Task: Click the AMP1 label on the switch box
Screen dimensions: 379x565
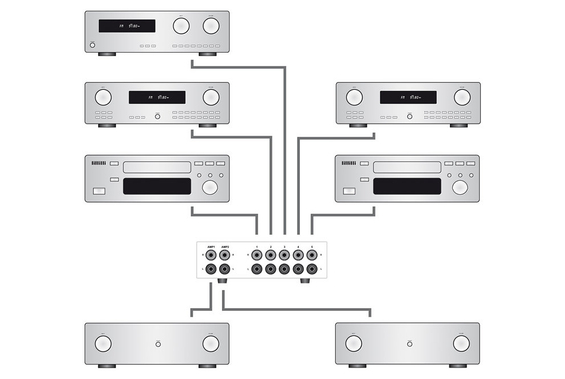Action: click(x=211, y=246)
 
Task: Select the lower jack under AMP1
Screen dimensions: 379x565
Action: click(x=211, y=269)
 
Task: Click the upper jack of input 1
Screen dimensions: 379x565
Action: click(x=257, y=255)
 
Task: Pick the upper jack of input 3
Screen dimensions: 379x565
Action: click(x=285, y=255)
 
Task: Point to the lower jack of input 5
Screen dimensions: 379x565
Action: click(x=312, y=269)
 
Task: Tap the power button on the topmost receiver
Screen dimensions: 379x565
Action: click(x=92, y=46)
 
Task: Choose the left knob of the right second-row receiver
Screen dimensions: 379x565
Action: click(x=354, y=97)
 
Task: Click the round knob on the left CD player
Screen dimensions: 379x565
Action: click(x=209, y=187)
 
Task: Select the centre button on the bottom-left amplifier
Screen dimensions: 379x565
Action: click(x=156, y=344)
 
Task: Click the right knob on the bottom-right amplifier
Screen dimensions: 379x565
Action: click(x=460, y=344)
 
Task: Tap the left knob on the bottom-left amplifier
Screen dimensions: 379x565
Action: click(x=103, y=344)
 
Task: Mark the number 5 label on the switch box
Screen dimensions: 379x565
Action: click(x=312, y=246)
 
